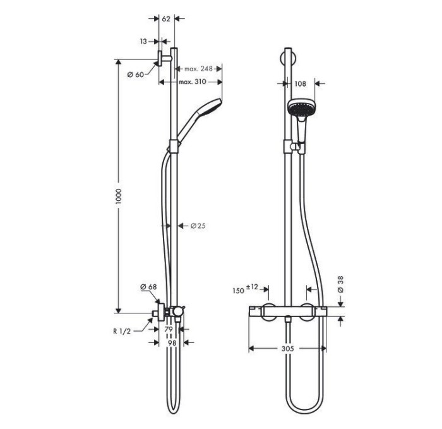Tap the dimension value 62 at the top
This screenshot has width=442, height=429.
pos(167,19)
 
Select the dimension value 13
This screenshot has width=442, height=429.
pos(143,42)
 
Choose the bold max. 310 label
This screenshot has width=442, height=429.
pos(193,82)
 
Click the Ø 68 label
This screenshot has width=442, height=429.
pos(148,287)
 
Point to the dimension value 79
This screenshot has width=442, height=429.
pos(169,330)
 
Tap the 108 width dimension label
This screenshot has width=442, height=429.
pos(301,83)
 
